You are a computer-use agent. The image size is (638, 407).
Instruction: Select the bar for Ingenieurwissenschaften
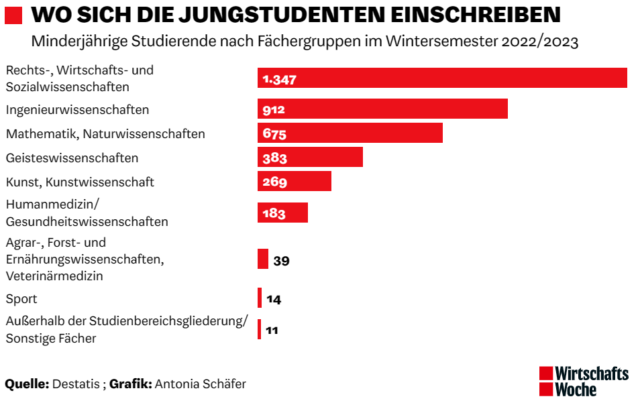(x=382, y=109)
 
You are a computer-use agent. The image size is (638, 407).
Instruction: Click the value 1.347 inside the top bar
(x=279, y=79)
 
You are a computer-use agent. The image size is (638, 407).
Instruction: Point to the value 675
(x=274, y=133)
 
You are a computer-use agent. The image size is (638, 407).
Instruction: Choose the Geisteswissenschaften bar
(x=310, y=157)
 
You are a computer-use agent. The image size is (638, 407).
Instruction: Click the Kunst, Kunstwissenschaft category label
(x=80, y=182)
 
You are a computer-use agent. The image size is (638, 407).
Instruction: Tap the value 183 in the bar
(x=274, y=213)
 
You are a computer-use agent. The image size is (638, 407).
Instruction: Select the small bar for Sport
(x=260, y=298)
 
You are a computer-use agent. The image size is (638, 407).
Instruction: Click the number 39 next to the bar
(x=281, y=261)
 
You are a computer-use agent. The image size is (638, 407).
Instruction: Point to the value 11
(x=272, y=330)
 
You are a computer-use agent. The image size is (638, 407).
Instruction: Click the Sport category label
(x=21, y=299)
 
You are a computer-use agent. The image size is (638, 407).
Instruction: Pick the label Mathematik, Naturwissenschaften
(x=105, y=133)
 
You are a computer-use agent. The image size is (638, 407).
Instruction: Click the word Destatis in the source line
(x=76, y=384)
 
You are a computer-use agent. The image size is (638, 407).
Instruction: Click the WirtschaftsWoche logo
(x=583, y=381)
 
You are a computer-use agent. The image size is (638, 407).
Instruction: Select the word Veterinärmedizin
(x=54, y=276)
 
